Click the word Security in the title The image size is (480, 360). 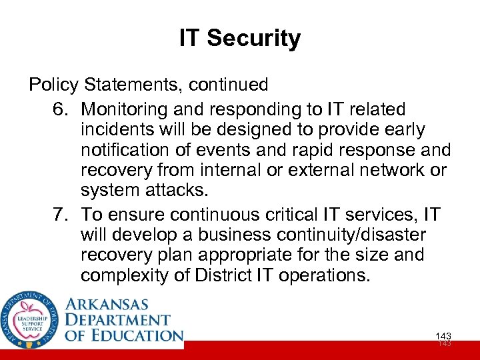pos(253,39)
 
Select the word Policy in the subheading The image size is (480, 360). pos(53,85)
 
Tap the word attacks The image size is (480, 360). pos(175,190)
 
